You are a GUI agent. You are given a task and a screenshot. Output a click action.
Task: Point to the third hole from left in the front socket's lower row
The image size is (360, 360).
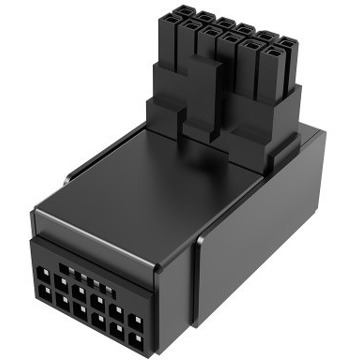[x=80, y=306]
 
